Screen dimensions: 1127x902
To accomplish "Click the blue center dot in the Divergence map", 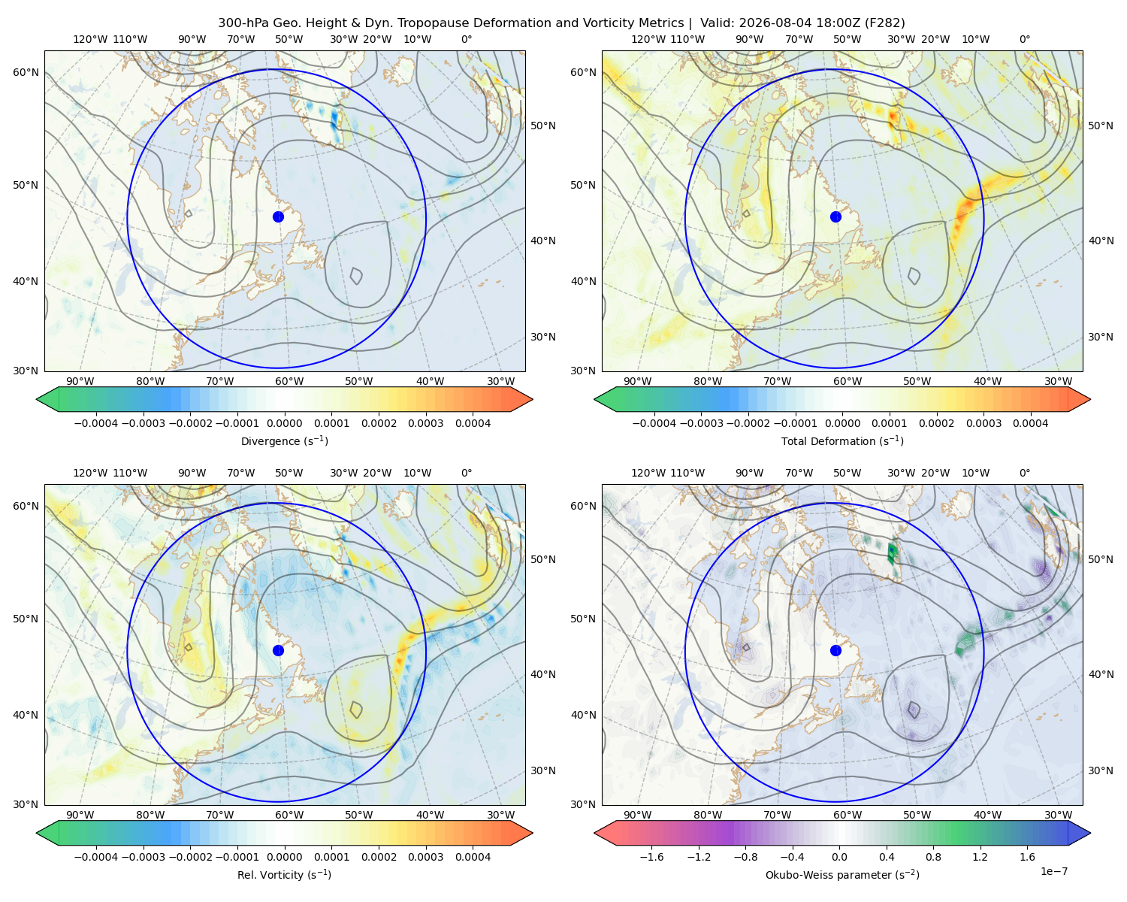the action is click(x=278, y=216).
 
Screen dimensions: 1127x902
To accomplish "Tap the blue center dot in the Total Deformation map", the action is click(x=835, y=216).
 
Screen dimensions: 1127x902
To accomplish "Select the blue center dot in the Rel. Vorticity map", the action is click(x=278, y=650).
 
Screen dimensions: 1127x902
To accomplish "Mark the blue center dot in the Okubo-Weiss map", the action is click(x=835, y=650).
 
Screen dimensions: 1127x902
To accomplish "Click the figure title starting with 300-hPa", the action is click(x=561, y=23).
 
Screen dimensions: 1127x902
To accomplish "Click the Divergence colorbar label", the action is click(x=284, y=440).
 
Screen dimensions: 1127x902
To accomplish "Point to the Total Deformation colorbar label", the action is click(x=842, y=440).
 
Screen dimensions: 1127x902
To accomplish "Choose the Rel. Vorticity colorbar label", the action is click(x=284, y=874).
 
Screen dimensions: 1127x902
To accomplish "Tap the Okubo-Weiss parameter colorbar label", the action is click(x=842, y=874).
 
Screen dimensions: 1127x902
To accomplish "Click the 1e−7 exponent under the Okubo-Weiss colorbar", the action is click(x=1053, y=871).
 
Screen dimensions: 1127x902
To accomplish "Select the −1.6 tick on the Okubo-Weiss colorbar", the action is click(x=651, y=857).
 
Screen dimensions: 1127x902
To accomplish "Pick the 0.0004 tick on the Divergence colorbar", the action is click(x=473, y=423).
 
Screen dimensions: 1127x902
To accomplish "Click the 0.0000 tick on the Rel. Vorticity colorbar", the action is click(x=284, y=857).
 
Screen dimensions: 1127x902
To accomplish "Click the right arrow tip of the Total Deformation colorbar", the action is click(x=1090, y=399).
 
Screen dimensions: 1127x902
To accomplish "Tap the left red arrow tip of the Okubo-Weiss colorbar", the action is click(x=594, y=833).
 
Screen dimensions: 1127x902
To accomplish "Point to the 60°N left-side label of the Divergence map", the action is click(x=26, y=72).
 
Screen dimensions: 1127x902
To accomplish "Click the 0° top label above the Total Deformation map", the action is click(x=1024, y=39).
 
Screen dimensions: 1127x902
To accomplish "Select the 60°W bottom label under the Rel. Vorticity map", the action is click(x=289, y=815).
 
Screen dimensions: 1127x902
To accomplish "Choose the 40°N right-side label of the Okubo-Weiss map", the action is click(x=1101, y=674).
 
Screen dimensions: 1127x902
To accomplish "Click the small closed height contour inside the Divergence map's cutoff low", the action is click(x=355, y=276).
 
